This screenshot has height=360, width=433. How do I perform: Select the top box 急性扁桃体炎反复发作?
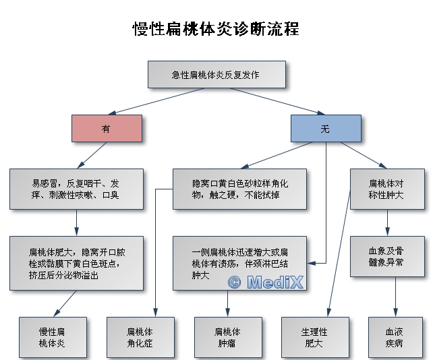[x=216, y=74]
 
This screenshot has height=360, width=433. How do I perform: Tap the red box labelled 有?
[x=107, y=128]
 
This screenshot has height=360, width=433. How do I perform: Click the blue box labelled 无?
[x=326, y=128]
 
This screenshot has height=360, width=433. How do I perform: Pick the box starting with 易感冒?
[x=76, y=189]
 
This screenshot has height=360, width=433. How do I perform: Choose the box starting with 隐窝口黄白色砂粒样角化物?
[x=240, y=189]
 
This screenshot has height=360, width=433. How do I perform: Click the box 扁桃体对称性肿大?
[x=386, y=189]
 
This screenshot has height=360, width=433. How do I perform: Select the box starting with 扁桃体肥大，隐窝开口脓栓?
[x=76, y=263]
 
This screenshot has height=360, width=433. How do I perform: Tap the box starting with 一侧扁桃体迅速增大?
[x=240, y=263]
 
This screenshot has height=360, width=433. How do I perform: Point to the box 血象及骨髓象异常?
[x=386, y=256]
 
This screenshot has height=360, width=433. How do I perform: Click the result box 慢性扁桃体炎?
[x=52, y=337]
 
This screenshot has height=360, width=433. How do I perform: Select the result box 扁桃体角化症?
[x=140, y=337]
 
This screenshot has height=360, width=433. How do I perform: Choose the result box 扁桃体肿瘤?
[x=227, y=337]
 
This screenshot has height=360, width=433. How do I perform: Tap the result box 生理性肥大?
[x=314, y=337]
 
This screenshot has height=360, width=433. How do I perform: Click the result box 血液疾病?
[x=395, y=337]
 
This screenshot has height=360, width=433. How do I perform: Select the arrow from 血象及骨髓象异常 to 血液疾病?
[x=395, y=297]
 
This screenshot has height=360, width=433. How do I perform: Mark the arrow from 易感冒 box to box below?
[x=76, y=222]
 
